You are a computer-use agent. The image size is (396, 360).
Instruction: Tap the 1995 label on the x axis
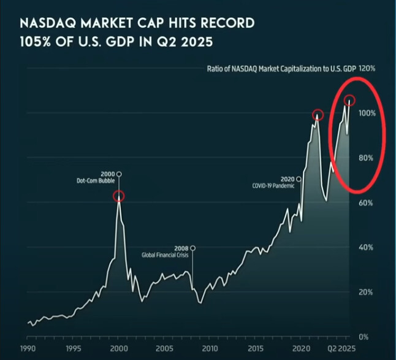click(74, 348)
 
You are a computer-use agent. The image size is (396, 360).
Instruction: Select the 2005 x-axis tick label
click(164, 348)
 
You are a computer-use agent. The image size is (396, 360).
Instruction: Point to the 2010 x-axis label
click(210, 348)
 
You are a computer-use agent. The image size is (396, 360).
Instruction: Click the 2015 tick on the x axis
click(256, 348)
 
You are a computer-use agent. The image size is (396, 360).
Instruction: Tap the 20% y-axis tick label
click(365, 293)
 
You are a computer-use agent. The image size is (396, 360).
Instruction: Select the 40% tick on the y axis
click(365, 247)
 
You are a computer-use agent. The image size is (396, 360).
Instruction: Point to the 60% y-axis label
click(365, 202)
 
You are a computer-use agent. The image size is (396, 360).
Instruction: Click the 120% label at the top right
click(367, 69)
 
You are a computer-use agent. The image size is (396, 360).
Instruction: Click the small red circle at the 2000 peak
click(119, 196)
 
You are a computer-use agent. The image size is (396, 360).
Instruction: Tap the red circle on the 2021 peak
click(318, 114)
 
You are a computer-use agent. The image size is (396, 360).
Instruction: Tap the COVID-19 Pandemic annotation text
click(275, 185)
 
